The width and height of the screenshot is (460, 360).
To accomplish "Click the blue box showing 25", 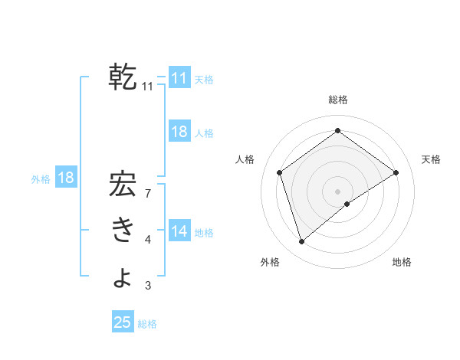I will pos(123,322).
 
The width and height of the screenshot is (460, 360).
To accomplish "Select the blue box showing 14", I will pos(179,231).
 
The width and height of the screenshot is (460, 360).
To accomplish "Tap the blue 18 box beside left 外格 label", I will pos(66,178).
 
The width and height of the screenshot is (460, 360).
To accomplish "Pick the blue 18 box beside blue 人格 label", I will pos(179,132).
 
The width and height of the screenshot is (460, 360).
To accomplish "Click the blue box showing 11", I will pos(179,78).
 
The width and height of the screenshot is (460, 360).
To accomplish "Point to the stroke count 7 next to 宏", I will pos(147,194).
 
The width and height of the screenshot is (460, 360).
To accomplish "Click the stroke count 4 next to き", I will pos(147,241).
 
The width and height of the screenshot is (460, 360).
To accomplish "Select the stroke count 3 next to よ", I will pos(147,286).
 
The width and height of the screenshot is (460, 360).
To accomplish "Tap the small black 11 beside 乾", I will pos(147,87).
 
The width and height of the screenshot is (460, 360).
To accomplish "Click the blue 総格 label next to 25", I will pos(147,324).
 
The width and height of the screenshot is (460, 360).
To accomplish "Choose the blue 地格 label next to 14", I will pos(204,232).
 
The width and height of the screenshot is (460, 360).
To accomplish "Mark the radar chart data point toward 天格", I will pos(396,172).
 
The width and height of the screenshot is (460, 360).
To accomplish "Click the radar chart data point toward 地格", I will pos(347,204).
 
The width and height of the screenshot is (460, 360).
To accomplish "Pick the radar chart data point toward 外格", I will pos(302,242).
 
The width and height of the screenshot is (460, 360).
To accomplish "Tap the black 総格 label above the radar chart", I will pos(337,100).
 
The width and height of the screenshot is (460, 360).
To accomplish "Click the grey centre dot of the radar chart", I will pos(337,191).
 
